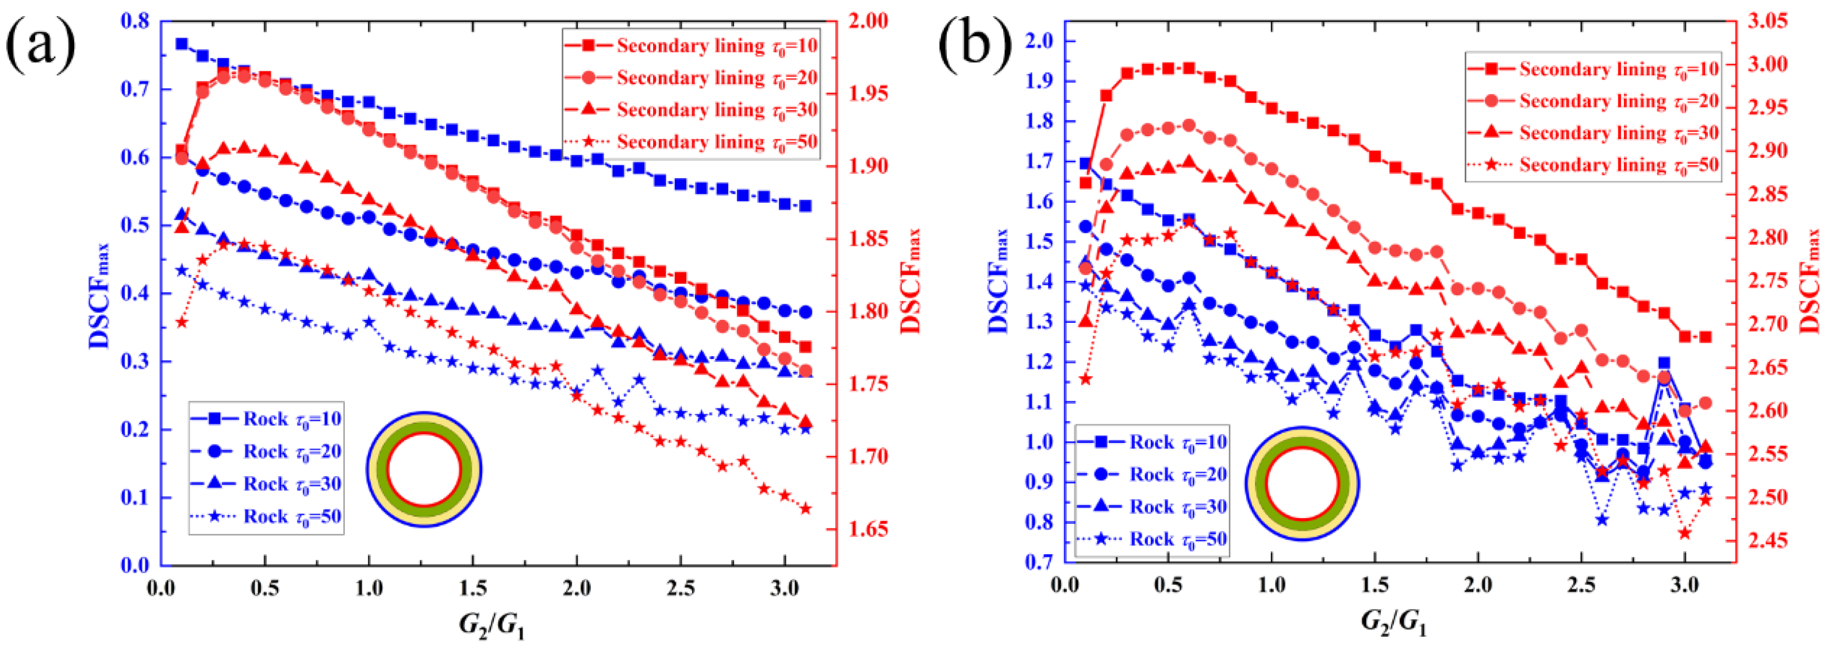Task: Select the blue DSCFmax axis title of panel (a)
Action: pyautogui.click(x=100, y=291)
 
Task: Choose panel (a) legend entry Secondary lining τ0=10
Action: pyautogui.click(x=692, y=46)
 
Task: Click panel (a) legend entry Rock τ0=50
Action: pyautogui.click(x=267, y=516)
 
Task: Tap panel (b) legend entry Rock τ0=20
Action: pyautogui.click(x=1154, y=474)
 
